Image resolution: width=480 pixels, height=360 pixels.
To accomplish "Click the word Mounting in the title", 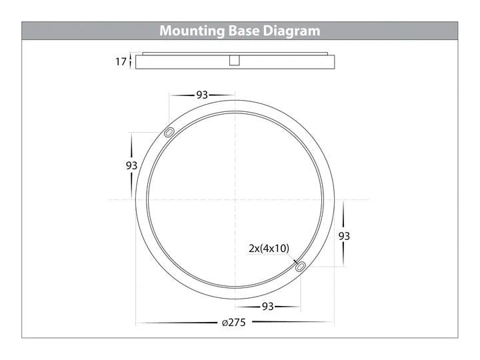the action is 192,31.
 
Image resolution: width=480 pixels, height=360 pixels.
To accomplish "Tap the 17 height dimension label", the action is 121,62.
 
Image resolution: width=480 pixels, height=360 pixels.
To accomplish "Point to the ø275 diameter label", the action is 234,323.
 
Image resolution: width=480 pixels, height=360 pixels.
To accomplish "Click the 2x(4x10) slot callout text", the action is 269,248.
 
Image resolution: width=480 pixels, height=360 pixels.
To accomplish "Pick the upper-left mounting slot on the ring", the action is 169,133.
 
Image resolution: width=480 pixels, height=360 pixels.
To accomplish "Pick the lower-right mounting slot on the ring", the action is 301,267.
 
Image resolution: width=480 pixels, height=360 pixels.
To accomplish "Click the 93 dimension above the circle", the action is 202,95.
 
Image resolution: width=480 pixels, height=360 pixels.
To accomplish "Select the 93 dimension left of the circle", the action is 131,165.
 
